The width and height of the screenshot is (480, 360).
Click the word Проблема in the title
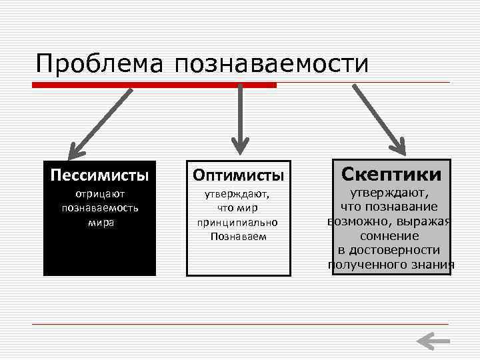pos(101,63)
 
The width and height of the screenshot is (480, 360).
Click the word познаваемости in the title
pos(271,63)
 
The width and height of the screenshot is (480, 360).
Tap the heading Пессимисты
pos(99,175)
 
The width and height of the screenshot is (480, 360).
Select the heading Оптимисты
pos(239,175)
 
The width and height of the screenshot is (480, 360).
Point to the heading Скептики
pos(391,175)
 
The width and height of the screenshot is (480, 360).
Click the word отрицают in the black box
pos(100,194)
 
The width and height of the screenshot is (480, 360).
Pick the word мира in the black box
pos(100,222)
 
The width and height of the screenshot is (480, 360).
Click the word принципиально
pos(237,222)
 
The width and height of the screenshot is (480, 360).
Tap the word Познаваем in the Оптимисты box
pos(238,236)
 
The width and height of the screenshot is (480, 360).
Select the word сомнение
pos(389,236)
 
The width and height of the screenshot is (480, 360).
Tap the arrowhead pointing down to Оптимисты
pos(239,143)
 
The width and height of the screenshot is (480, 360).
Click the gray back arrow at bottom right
pos(433,341)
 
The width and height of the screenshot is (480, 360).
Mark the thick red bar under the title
pos(155,85)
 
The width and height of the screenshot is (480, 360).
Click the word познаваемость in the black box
pos(100,208)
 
